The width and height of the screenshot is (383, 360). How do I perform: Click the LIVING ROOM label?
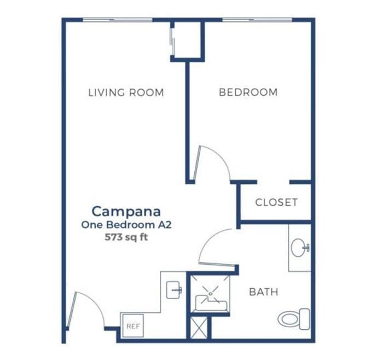click(126, 92)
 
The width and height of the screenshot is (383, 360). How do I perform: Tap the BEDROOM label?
click(248, 92)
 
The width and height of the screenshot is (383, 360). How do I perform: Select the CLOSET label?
click(276, 202)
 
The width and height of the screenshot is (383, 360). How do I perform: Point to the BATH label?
click(264, 292)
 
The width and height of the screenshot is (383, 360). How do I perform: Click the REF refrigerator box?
click(133, 326)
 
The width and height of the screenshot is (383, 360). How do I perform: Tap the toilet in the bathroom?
click(294, 319)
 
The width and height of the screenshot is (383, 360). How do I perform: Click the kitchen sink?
click(174, 290)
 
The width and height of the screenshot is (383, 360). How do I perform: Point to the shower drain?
click(210, 294)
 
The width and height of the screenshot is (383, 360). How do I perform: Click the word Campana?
click(126, 212)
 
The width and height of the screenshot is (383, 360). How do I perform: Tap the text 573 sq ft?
click(126, 237)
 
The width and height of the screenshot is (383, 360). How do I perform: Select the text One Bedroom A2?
click(126, 225)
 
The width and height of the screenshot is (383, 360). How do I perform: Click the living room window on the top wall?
click(118, 20)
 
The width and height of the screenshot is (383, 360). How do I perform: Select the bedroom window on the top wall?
click(257, 20)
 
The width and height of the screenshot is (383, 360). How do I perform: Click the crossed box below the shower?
click(199, 328)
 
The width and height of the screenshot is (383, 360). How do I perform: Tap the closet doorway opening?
click(273, 182)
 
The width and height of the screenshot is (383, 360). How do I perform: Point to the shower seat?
click(212, 303)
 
